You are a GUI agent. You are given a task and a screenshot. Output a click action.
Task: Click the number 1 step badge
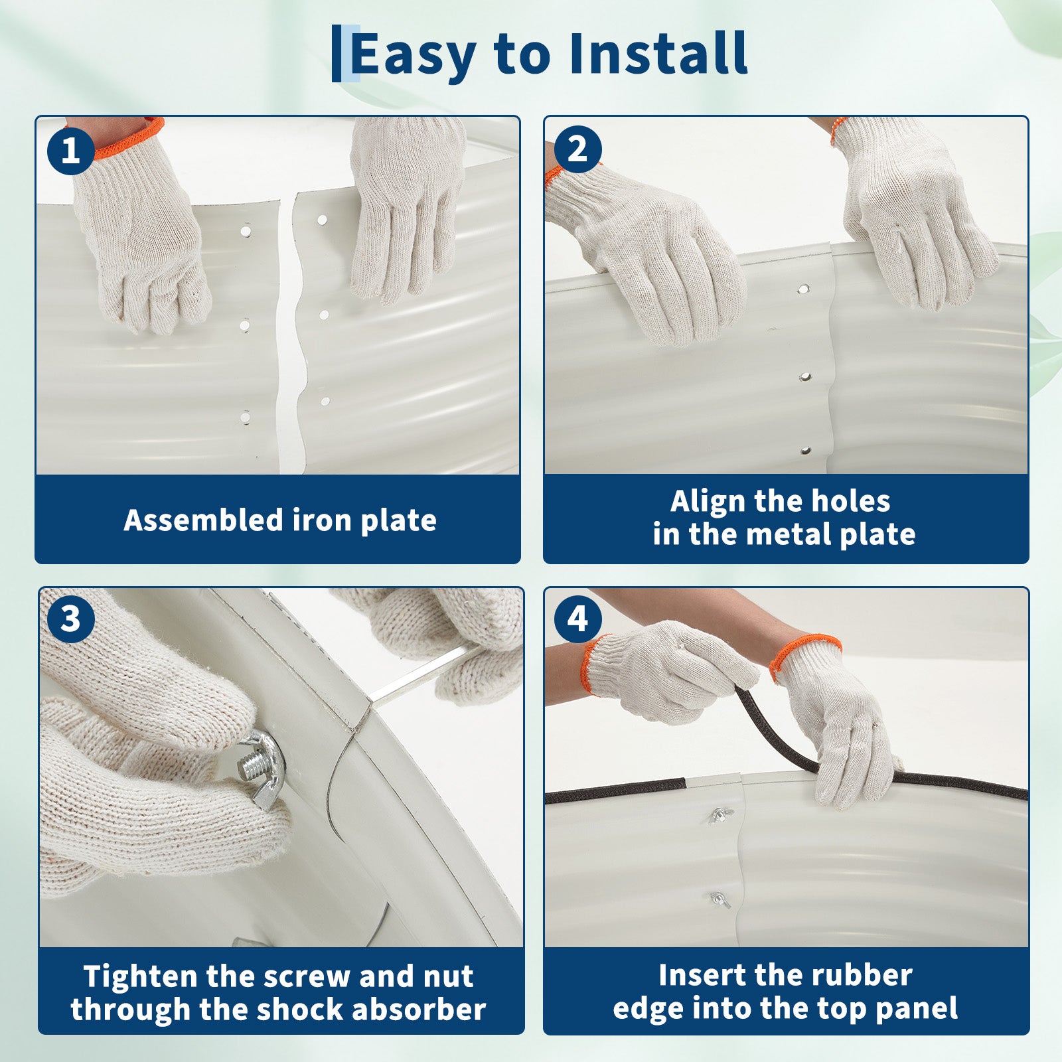tap(70, 151)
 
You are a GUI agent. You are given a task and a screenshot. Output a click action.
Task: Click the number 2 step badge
tap(577, 149)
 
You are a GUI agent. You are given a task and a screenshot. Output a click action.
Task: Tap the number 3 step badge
tap(70, 619)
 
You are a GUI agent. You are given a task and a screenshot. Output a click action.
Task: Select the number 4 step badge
tap(577, 619)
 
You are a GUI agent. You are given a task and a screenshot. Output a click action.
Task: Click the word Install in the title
tap(658, 53)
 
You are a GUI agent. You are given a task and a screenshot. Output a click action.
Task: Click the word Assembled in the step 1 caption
tap(203, 520)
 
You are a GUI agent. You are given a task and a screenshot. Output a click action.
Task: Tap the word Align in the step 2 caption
tap(706, 501)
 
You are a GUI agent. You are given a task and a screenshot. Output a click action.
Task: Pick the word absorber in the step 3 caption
tap(419, 1010)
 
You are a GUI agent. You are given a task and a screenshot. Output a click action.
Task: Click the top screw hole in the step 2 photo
tap(803, 290)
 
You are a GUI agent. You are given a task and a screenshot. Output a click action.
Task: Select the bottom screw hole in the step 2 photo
tap(806, 451)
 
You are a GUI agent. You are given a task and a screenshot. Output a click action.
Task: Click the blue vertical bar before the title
tap(336, 53)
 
